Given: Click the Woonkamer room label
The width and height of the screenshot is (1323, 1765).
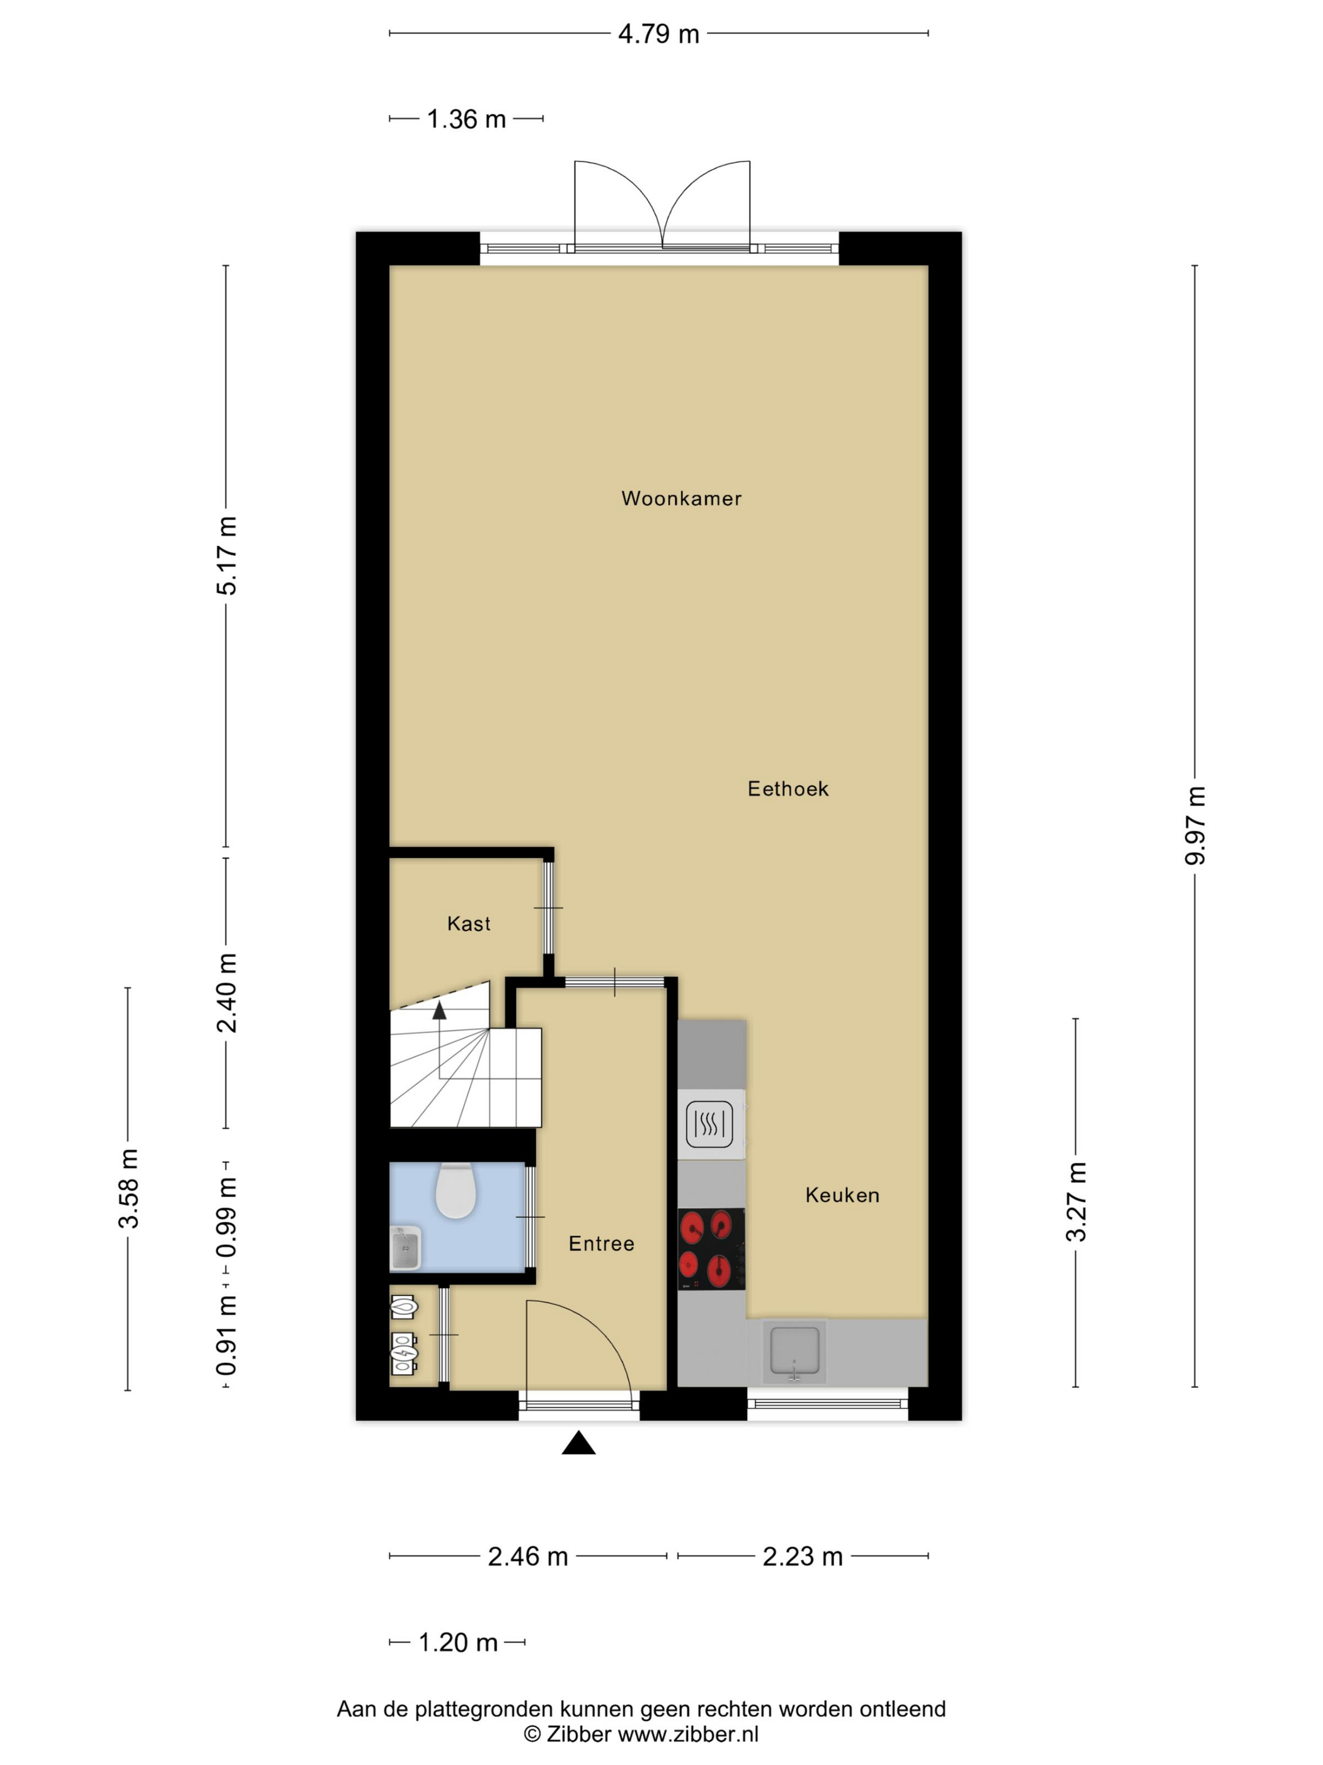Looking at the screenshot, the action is click(x=681, y=499).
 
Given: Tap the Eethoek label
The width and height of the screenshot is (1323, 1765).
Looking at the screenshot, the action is click(x=788, y=789).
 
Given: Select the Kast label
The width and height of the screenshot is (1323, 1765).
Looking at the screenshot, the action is click(x=469, y=924).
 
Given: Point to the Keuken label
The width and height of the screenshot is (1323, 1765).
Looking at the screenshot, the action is click(x=842, y=1195).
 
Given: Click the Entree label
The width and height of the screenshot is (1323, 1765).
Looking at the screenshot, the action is click(x=601, y=1244).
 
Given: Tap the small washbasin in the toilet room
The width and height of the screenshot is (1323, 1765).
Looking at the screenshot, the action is click(x=404, y=1249).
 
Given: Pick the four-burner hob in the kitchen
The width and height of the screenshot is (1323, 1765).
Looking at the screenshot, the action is click(x=711, y=1249).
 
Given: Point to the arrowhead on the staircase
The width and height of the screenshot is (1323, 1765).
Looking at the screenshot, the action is click(x=439, y=1011).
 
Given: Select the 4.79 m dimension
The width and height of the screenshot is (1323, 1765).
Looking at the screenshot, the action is click(x=659, y=34).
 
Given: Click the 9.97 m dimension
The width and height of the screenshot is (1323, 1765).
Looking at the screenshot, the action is click(x=1195, y=825).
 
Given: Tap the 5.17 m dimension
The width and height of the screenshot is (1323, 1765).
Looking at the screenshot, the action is click(x=226, y=555).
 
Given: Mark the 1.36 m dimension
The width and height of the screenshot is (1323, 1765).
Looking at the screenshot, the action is click(x=467, y=120).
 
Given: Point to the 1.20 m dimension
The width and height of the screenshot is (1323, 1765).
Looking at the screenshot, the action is click(x=458, y=1643).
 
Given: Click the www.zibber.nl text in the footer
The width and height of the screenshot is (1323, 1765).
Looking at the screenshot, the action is click(x=688, y=1735).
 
